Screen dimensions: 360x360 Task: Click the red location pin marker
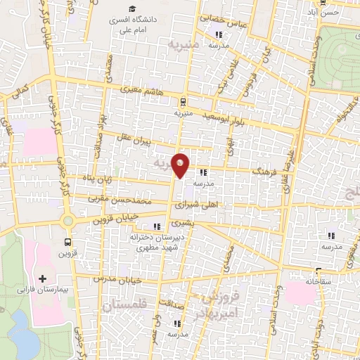point(181,165)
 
